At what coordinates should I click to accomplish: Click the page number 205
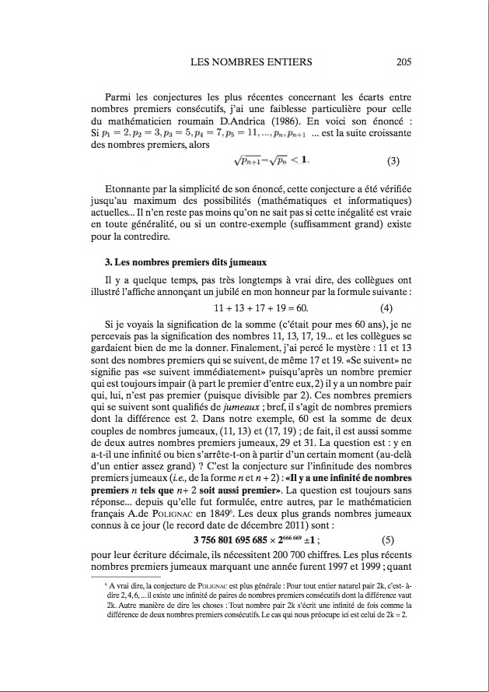[403, 62]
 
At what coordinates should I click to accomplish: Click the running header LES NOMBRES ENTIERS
[251, 62]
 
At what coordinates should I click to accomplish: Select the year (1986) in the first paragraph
[293, 120]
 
